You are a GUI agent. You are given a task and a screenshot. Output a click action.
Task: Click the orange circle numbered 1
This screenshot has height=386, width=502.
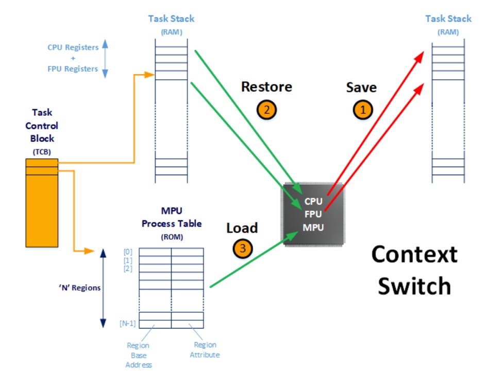[x=362, y=110]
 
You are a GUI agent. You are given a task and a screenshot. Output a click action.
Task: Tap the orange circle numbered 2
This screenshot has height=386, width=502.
[x=266, y=109]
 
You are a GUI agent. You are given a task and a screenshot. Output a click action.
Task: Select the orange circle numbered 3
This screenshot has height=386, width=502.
[x=243, y=249]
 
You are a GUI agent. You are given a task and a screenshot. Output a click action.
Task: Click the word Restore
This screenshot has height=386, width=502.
[x=266, y=86]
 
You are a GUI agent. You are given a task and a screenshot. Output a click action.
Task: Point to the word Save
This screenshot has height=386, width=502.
[x=361, y=87]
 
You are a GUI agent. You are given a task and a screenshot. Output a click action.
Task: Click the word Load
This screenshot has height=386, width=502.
[x=242, y=227]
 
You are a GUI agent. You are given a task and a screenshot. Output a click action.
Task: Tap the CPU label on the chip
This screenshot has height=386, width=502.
[x=313, y=201]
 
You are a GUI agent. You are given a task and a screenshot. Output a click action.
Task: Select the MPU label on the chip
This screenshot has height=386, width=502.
[x=313, y=227]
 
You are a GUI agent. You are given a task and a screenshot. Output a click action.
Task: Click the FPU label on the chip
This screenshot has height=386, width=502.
[x=313, y=214]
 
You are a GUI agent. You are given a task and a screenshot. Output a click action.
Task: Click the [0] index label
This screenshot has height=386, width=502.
[x=128, y=252]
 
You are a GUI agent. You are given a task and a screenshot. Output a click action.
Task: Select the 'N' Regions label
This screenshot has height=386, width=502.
[x=79, y=288]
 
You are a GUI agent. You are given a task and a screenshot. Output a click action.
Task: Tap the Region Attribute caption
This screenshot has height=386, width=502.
[x=205, y=350]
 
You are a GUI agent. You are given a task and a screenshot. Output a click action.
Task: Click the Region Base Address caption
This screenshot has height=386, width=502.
[x=138, y=355]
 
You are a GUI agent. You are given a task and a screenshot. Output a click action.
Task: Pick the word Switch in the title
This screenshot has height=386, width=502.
[x=414, y=286]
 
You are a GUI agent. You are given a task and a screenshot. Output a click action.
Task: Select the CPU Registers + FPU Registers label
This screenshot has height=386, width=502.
[x=73, y=58]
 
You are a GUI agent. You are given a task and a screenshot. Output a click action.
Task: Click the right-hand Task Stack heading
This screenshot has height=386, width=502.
[x=448, y=19]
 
